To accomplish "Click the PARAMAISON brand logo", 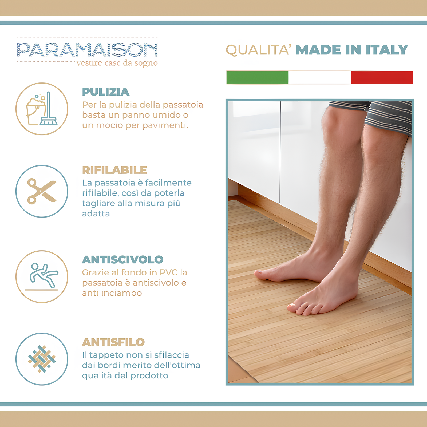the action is coord(87,50).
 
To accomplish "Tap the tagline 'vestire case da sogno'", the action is coord(117,63).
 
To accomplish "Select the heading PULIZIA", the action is coord(106,92).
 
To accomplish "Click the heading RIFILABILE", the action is coord(114,170).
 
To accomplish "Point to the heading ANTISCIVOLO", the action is coord(122,259).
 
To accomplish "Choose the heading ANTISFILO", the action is coord(113,342).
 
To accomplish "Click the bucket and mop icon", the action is coord(42,109).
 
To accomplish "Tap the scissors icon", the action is coord(42,191).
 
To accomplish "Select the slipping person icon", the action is coord(42,276).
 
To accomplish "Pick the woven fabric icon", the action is coord(42,359).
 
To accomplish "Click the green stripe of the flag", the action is coord(258,77).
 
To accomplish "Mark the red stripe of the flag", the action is coord(382,77).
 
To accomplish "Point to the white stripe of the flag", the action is coord(320,77).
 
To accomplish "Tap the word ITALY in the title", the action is coord(387,50).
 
